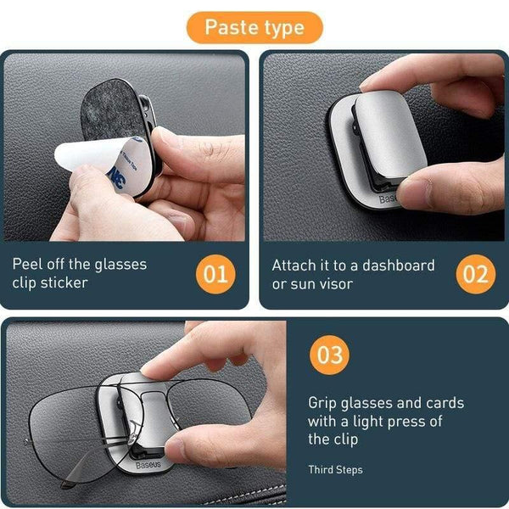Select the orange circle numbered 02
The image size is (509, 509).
point(475,274)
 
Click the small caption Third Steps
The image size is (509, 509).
point(335,469)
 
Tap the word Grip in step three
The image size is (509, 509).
point(324,403)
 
